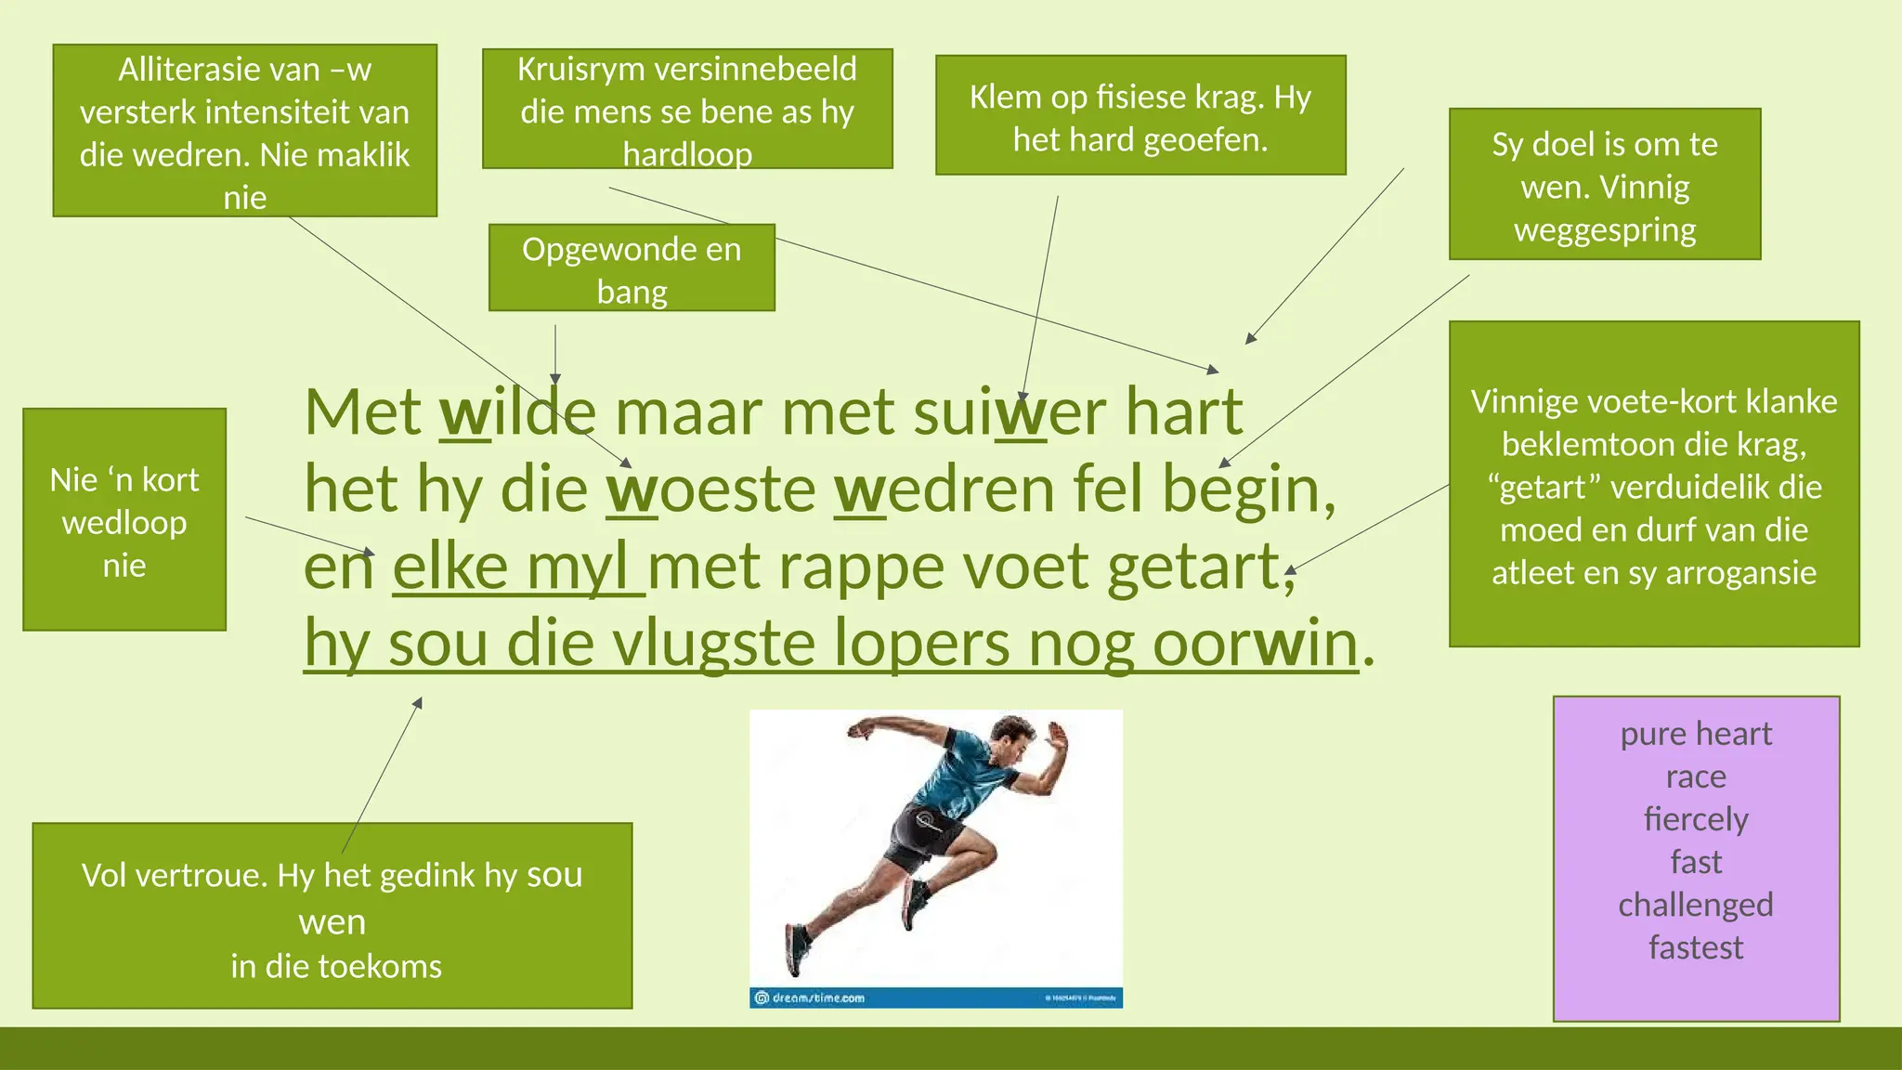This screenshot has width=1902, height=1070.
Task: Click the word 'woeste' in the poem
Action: pos(711,489)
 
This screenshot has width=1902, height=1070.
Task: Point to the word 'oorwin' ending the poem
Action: pos(1255,643)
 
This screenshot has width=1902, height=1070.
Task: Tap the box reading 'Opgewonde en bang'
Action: pos(632,268)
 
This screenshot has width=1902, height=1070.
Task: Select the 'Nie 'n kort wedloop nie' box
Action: pos(124,520)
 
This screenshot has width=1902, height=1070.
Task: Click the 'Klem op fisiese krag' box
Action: pos(1140,116)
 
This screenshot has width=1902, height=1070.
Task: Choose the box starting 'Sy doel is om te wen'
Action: pos(1604,185)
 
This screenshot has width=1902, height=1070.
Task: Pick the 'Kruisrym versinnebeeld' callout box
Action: pos(687,110)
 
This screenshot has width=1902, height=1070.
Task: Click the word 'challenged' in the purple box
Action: pos(1695,904)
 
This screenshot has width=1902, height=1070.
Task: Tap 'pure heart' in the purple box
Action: pos(1695,734)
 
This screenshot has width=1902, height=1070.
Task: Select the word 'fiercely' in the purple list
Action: pos(1695,818)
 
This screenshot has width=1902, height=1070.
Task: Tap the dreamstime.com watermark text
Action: pos(817,998)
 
